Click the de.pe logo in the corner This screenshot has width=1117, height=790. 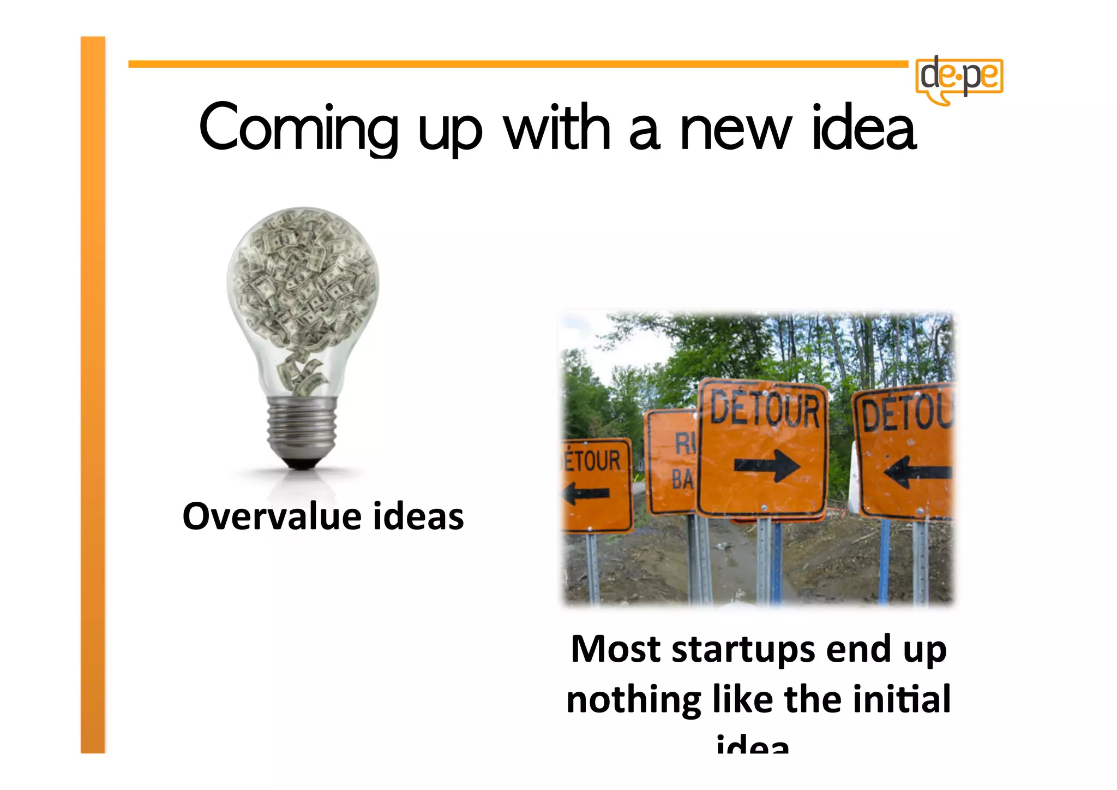959,78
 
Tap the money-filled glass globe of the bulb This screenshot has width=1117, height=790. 303,278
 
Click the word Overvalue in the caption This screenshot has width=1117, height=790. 272,516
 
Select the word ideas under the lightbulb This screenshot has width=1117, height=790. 418,516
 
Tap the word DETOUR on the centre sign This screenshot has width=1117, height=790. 765,410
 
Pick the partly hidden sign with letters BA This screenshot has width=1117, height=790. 671,461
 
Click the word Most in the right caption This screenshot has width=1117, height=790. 616,649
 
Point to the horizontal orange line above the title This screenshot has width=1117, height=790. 518,64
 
